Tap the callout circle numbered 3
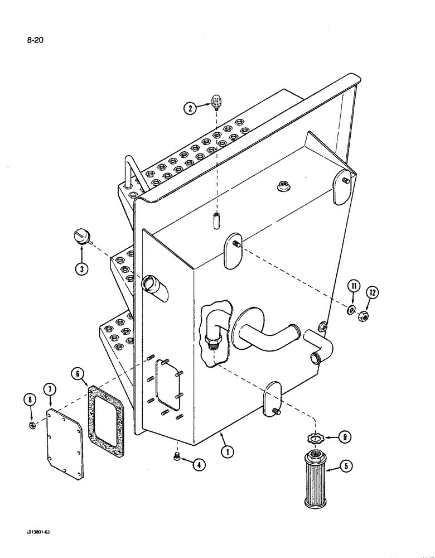click(x=83, y=269)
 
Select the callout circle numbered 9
click(x=346, y=438)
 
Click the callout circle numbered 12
click(x=372, y=292)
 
